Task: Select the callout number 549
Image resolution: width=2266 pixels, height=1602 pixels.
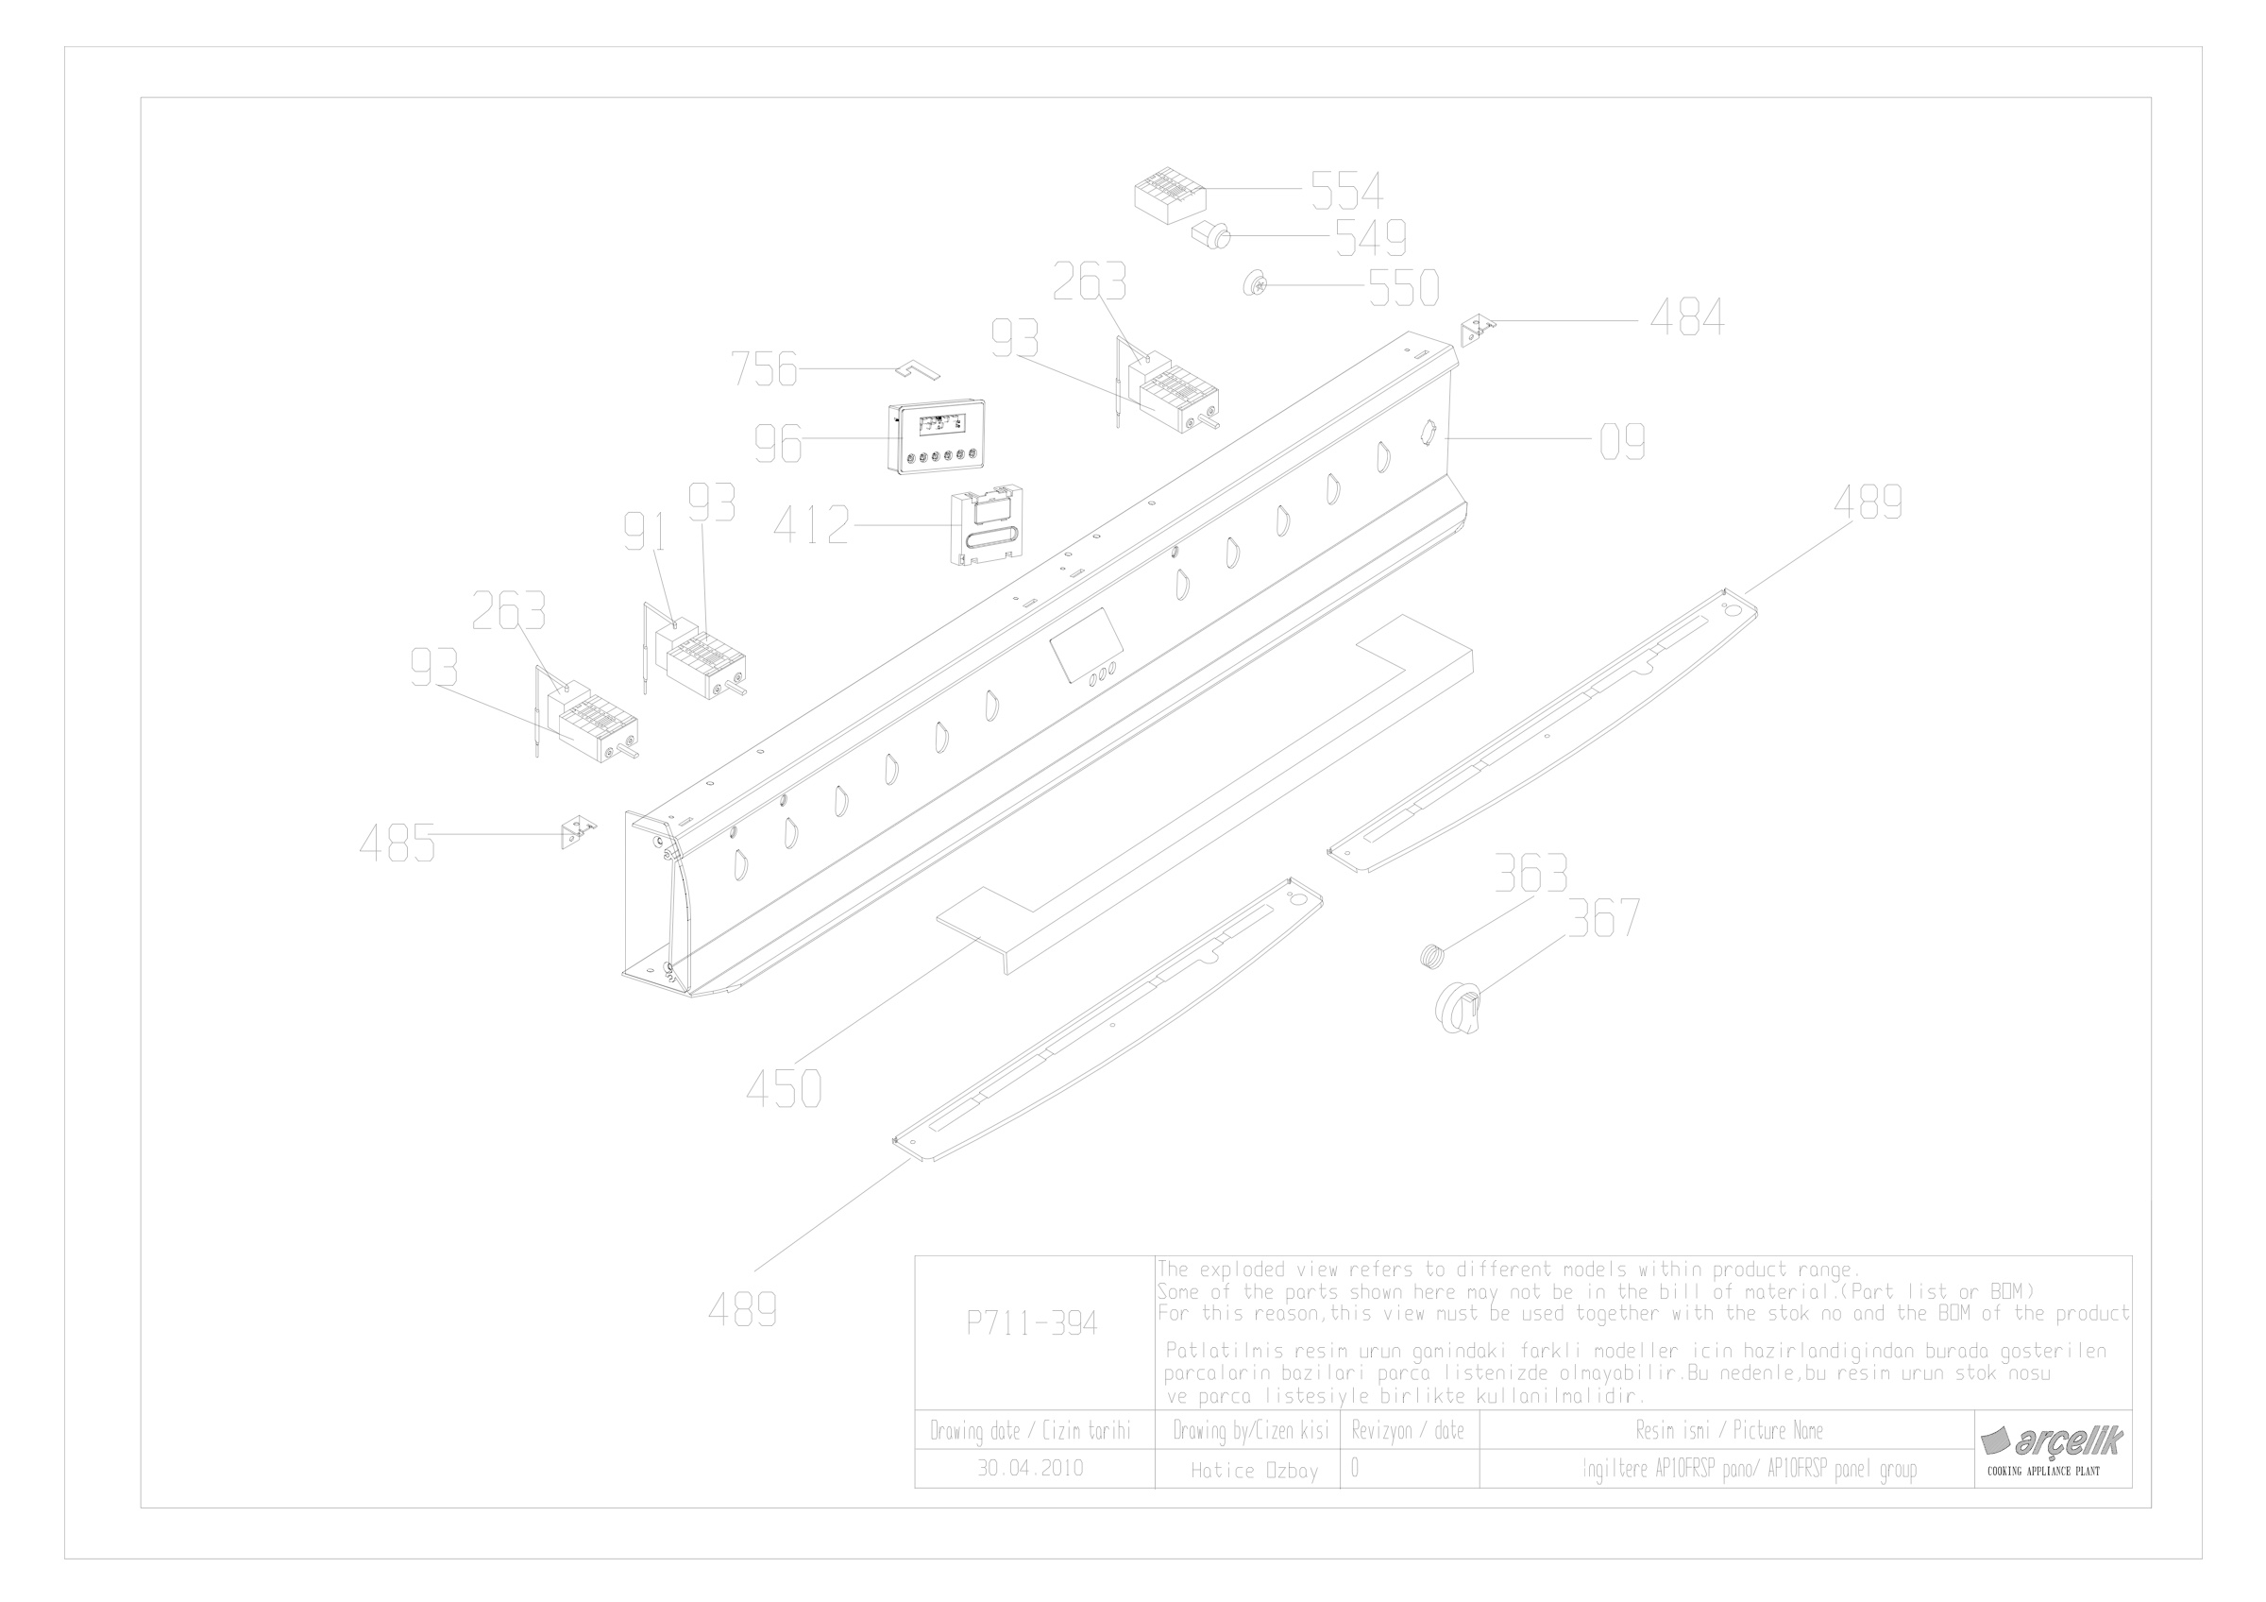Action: [x=1371, y=238]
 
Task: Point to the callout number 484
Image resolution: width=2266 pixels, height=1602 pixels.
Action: [x=1687, y=317]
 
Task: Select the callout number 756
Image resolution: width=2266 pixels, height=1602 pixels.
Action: [x=764, y=369]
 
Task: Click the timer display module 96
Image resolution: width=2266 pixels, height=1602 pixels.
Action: [x=940, y=438]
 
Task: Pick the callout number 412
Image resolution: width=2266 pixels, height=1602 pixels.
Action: [x=811, y=525]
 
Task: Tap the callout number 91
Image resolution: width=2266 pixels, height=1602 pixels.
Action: [x=645, y=533]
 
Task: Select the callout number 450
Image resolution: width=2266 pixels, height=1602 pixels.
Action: [x=784, y=1090]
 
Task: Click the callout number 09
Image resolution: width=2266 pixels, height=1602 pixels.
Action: [x=1622, y=441]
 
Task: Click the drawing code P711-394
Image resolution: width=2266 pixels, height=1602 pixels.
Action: [x=1031, y=1323]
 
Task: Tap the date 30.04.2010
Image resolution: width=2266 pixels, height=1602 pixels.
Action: [x=1030, y=1468]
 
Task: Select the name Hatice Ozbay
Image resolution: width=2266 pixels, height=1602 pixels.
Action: [x=1255, y=1471]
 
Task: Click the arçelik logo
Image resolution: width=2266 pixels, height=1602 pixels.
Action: [x=2052, y=1441]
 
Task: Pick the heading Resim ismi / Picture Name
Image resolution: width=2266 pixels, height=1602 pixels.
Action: [x=1729, y=1430]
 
